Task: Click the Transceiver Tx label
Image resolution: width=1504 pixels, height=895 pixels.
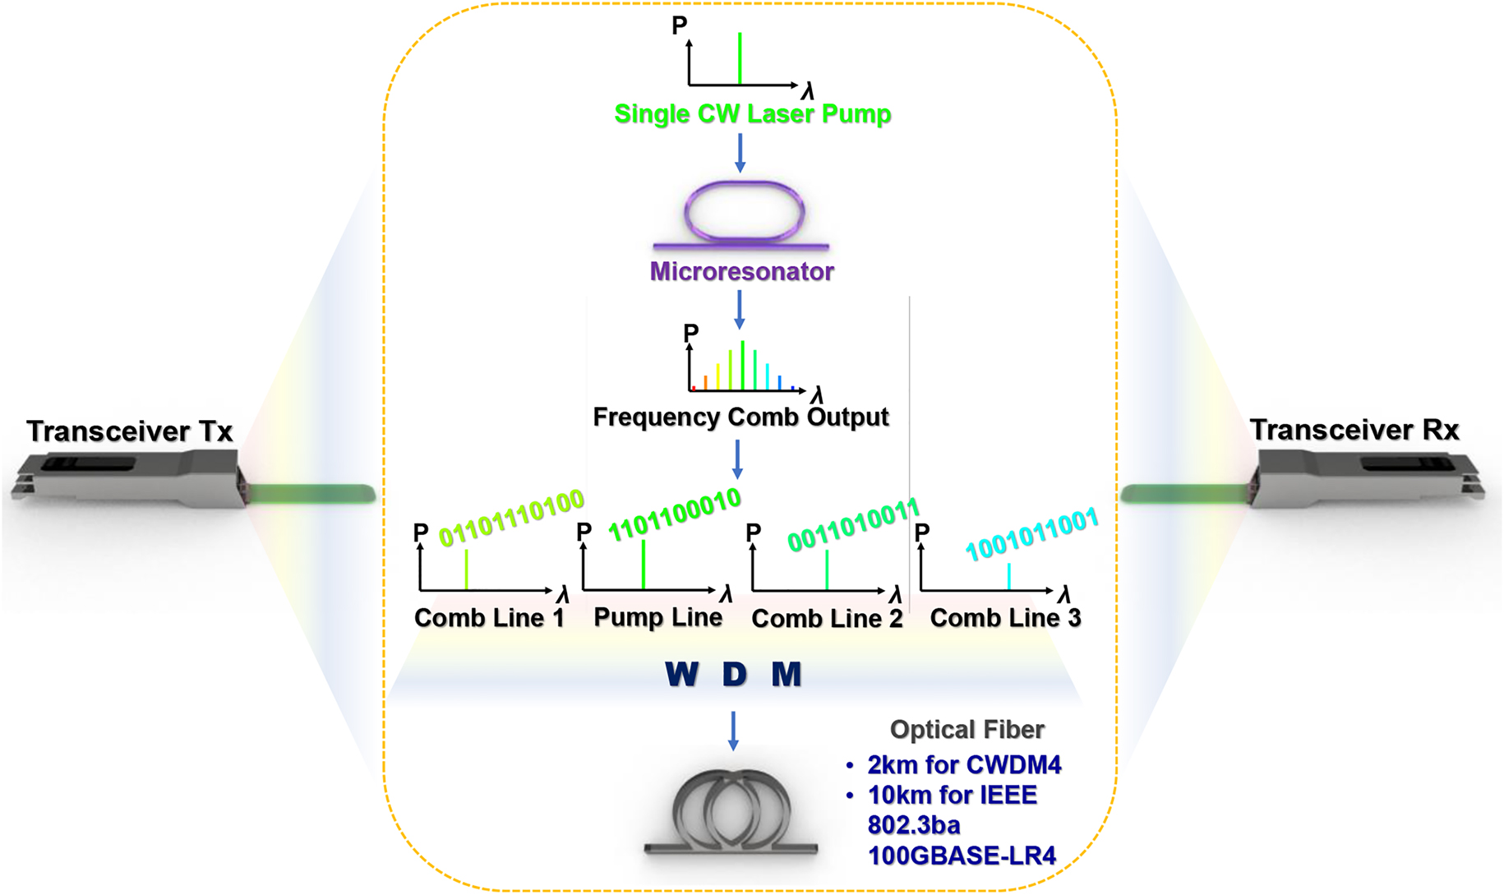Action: click(x=129, y=431)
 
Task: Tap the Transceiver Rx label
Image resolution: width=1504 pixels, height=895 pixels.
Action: click(x=1354, y=429)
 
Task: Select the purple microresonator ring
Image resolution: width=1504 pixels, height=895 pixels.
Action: click(x=743, y=211)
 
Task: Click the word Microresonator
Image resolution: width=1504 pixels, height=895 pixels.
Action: click(x=741, y=271)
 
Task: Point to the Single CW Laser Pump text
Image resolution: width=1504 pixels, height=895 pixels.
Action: click(x=752, y=113)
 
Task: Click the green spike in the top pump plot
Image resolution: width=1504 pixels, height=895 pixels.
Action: click(x=740, y=58)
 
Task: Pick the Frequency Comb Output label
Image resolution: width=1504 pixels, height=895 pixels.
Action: click(x=740, y=417)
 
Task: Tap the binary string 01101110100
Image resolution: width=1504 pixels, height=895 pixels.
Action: click(x=511, y=517)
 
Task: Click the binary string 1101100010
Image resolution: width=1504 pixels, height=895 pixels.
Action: click(x=674, y=514)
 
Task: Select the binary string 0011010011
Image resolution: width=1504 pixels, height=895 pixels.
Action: click(x=853, y=525)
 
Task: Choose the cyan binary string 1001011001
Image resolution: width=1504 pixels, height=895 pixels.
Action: click(x=1031, y=533)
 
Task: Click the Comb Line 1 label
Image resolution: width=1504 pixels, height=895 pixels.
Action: click(x=489, y=618)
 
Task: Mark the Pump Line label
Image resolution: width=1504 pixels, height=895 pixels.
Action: click(x=657, y=617)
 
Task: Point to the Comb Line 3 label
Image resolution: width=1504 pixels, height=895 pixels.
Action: click(x=1005, y=618)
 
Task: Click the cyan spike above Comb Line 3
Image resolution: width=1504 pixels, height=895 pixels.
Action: click(x=1008, y=576)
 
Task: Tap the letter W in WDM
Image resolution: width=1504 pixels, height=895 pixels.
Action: click(x=681, y=675)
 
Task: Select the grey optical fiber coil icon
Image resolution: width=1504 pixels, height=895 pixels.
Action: click(x=731, y=813)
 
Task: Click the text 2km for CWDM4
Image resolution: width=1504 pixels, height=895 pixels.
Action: click(x=964, y=765)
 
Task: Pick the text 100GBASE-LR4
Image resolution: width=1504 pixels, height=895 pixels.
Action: click(x=962, y=856)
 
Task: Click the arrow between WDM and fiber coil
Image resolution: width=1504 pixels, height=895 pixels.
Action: click(x=733, y=730)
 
